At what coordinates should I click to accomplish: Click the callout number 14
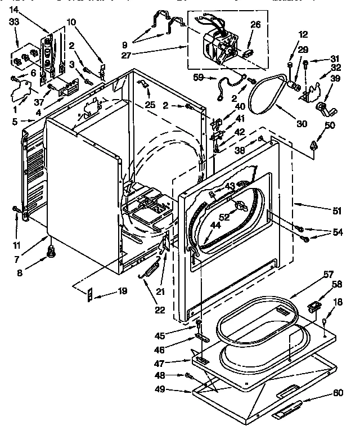13,10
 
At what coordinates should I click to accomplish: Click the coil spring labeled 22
150,270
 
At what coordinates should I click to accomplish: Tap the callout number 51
337,211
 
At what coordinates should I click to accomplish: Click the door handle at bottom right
289,409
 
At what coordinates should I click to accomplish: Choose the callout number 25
148,105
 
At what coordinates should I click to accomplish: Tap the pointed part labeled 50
313,145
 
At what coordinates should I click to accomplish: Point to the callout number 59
198,77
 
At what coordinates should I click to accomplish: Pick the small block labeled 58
315,306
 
